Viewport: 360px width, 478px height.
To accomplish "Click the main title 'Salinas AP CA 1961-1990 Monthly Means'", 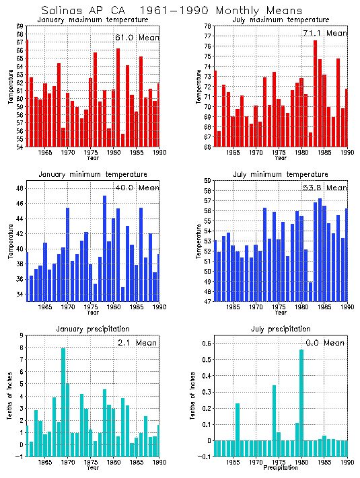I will tap(172, 11).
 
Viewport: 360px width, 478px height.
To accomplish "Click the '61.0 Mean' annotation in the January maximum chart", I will tap(137, 38).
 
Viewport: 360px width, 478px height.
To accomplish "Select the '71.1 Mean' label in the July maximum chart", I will tap(325, 33).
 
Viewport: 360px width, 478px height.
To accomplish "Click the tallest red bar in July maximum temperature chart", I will tap(315, 93).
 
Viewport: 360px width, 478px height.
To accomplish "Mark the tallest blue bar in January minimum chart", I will tap(104, 248).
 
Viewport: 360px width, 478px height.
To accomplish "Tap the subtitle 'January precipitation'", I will tap(93, 329).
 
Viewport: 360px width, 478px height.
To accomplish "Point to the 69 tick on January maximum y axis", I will tap(20, 26).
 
